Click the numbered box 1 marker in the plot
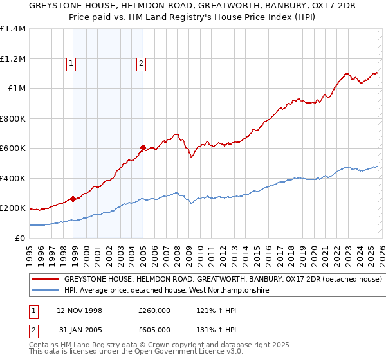pos(70,63)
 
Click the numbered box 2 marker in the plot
pos(140,63)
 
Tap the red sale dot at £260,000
pos(73,199)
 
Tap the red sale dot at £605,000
pos(143,147)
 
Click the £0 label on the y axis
pos(21,238)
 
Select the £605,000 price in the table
pos(154,330)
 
